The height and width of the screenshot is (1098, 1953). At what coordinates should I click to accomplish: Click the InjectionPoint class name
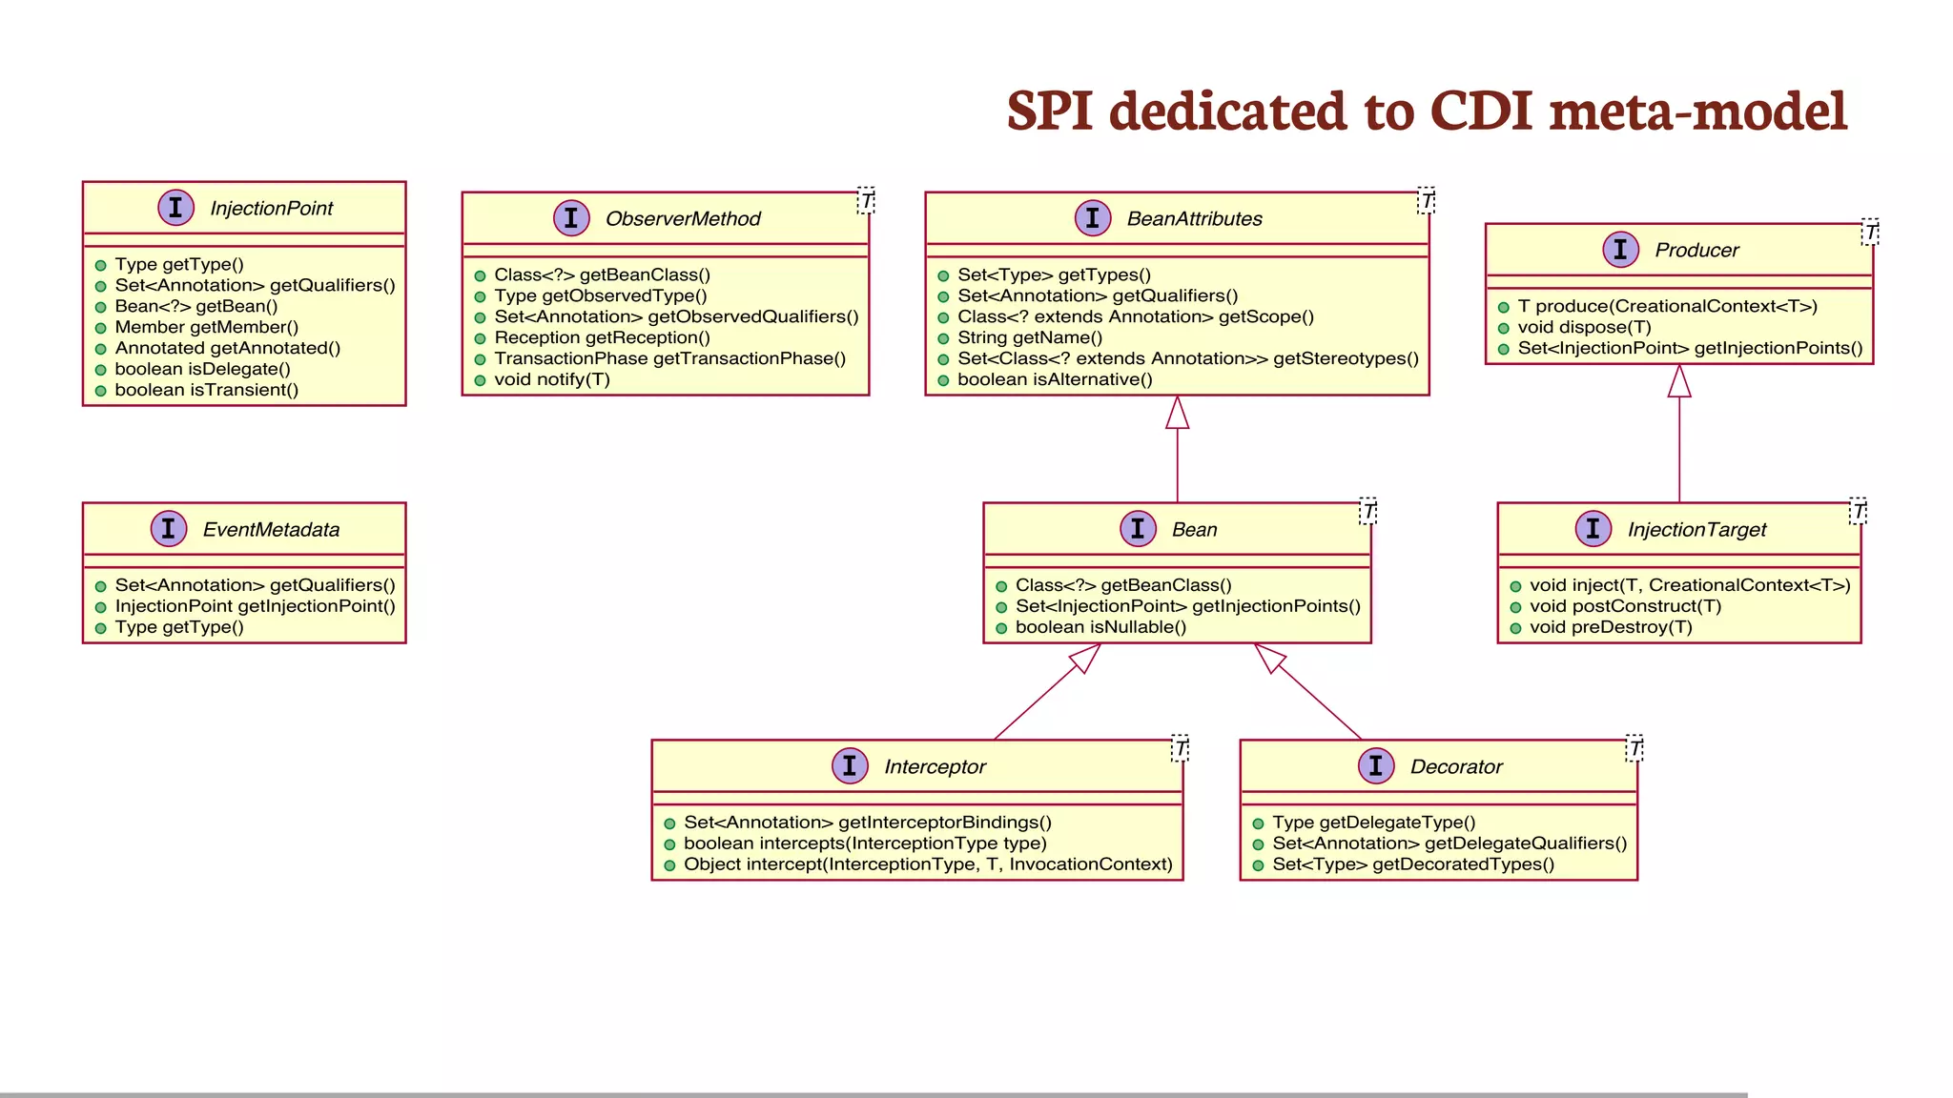271,208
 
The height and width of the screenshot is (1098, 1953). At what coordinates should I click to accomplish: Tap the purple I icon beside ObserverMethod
571,218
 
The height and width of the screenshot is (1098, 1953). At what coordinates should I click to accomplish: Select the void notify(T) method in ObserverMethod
551,379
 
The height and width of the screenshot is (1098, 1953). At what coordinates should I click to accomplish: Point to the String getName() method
1029,337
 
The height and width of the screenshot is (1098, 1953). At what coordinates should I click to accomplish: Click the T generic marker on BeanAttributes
1426,200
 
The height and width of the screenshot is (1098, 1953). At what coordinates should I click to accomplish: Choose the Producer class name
1696,250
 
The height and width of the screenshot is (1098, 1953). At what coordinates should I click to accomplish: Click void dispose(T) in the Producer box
1584,327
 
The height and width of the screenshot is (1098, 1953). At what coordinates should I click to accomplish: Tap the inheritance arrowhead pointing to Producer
1679,381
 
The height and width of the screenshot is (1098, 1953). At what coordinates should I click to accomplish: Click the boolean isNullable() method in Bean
1100,627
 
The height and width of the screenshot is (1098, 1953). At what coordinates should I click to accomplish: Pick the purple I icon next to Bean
1138,528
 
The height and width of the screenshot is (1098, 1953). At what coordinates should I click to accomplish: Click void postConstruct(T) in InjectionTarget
1625,606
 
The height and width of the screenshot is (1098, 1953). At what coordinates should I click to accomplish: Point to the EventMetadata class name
271,529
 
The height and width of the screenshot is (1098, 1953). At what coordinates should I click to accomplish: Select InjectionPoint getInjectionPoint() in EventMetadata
255,606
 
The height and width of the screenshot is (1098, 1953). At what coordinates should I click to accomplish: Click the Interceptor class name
935,766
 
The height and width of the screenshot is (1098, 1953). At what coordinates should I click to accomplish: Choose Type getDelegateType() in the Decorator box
1373,823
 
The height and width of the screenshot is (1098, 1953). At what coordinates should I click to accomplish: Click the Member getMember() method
206,327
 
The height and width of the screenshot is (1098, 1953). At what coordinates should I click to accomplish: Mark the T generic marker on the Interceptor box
1180,748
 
